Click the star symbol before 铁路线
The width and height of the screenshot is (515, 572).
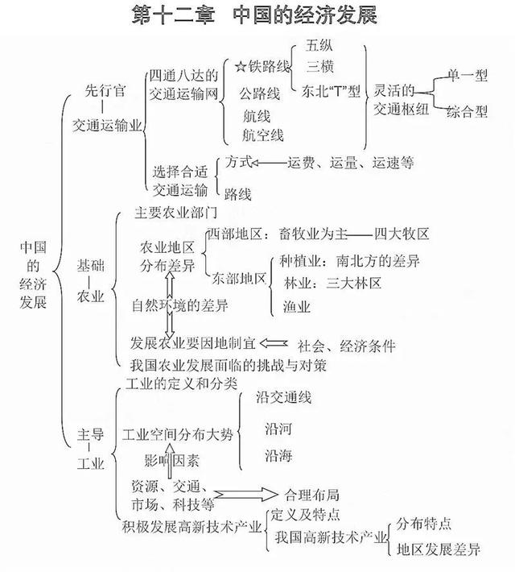click(240, 66)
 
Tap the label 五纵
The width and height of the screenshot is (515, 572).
click(319, 45)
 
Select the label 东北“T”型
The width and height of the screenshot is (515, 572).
click(331, 91)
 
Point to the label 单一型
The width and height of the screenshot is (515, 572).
click(468, 75)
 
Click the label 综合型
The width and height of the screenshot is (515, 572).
click(468, 111)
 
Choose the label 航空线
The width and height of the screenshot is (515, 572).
click(263, 135)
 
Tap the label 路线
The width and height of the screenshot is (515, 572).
click(237, 194)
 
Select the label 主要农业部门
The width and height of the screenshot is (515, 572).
click(175, 213)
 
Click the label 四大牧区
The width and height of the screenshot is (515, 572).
click(402, 234)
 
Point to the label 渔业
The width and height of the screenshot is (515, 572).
click(297, 306)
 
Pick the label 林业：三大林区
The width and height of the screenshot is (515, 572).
click(332, 283)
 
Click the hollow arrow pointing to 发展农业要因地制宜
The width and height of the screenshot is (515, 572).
click(274, 343)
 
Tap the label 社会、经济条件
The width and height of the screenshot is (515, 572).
click(347, 346)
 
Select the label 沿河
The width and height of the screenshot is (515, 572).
click(278, 429)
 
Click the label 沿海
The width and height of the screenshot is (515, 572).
click(278, 455)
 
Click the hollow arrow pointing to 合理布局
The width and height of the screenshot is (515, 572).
click(245, 495)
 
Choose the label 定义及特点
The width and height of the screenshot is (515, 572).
click(305, 514)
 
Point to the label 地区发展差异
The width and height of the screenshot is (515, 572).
click(439, 549)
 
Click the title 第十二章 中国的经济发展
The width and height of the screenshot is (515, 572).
click(254, 15)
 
